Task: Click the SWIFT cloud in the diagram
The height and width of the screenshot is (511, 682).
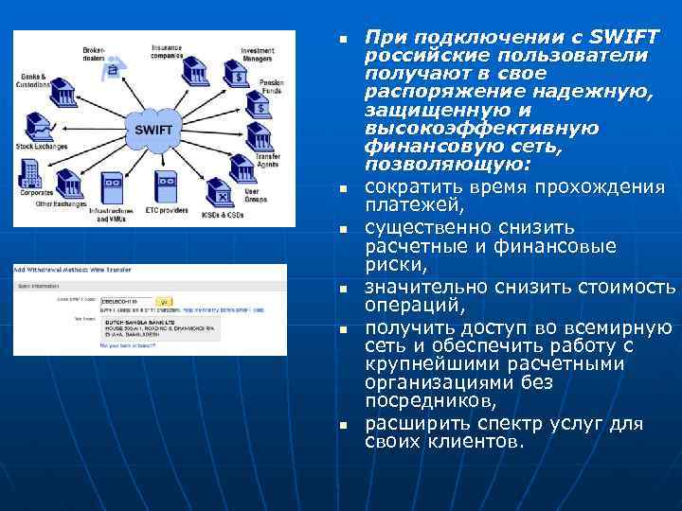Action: pyautogui.click(x=155, y=126)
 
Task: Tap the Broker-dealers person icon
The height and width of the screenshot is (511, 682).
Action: pyautogui.click(x=114, y=68)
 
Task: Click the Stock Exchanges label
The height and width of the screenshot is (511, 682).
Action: pyautogui.click(x=41, y=148)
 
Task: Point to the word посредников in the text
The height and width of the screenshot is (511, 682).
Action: pyautogui.click(x=419, y=401)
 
